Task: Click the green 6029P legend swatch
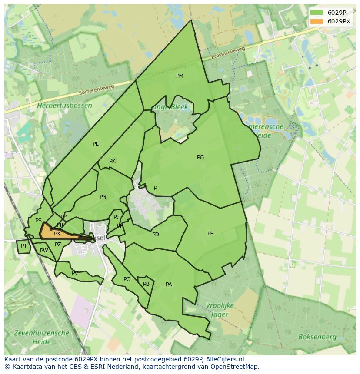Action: coord(317,13)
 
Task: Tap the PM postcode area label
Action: coord(180,76)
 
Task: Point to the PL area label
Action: coord(96,144)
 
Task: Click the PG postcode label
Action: coord(200,157)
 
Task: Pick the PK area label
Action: coord(112,161)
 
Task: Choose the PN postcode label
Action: coord(103,197)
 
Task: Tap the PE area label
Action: coord(210,234)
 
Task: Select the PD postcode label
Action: coord(156,235)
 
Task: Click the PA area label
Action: coord(169,285)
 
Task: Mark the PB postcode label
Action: coord(146,284)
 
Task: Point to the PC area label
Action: coord(127,279)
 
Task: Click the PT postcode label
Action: coord(24,246)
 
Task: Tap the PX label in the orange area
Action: coord(57,234)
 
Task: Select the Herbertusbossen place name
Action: coord(64,106)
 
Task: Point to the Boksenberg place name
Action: coord(317,337)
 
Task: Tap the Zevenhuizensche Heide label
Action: coord(41,337)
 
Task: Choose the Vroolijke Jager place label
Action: coord(219,310)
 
